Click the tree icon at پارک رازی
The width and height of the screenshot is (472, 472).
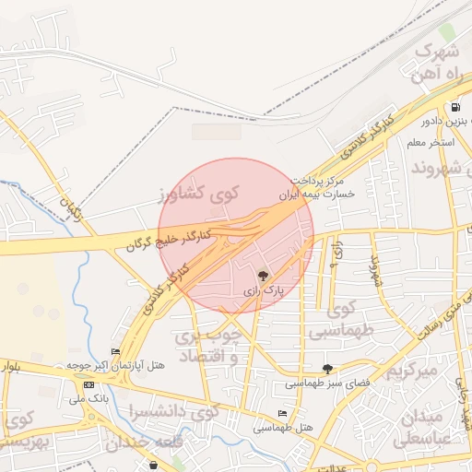[263, 275]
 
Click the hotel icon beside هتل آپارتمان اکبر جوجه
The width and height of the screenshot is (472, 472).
[115, 351]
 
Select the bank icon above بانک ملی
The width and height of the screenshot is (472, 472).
[88, 384]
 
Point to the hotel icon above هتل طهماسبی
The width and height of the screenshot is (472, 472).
[282, 413]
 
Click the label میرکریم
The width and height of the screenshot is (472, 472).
[410, 372]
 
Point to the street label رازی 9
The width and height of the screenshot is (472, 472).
[337, 249]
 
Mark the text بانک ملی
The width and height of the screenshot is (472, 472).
[88, 398]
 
